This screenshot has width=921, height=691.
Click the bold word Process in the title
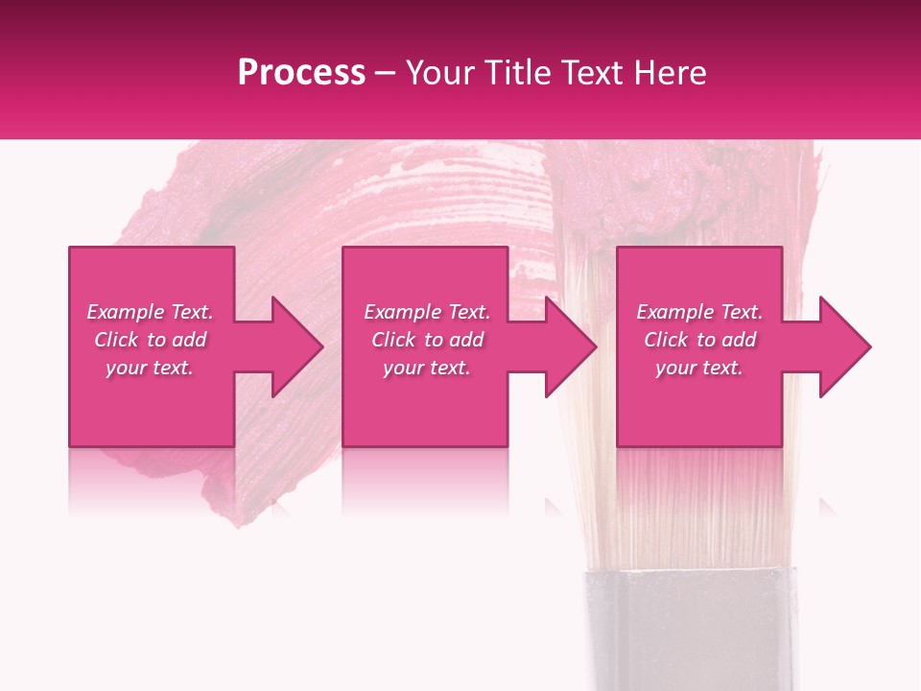point(301,73)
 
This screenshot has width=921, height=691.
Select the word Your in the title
point(438,73)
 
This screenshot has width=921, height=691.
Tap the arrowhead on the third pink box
point(838,346)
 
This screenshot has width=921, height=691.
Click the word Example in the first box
point(126,312)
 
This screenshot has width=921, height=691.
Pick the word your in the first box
point(128,369)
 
